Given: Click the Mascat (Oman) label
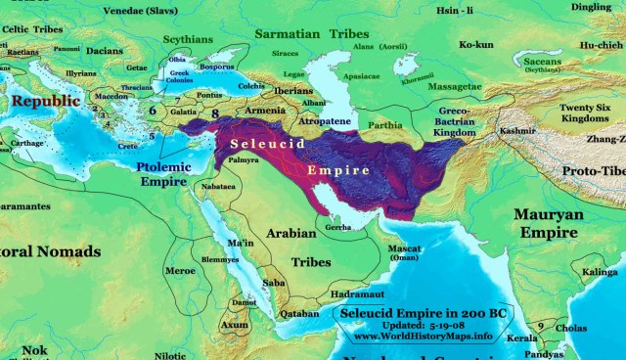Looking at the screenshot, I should click(x=406, y=252).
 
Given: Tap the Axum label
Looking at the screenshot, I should click(x=235, y=324).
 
